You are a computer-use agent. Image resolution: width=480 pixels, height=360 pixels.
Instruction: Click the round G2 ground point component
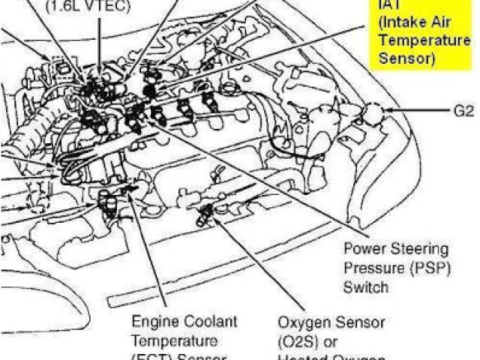pyautogui.click(x=372, y=112)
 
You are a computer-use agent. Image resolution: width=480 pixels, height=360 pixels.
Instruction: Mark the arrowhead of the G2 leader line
pyautogui.click(x=386, y=111)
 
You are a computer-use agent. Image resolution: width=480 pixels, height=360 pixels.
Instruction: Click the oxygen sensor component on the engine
pyautogui.click(x=203, y=217)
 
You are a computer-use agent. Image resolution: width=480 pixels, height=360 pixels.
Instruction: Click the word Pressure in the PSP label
pyautogui.click(x=370, y=267)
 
